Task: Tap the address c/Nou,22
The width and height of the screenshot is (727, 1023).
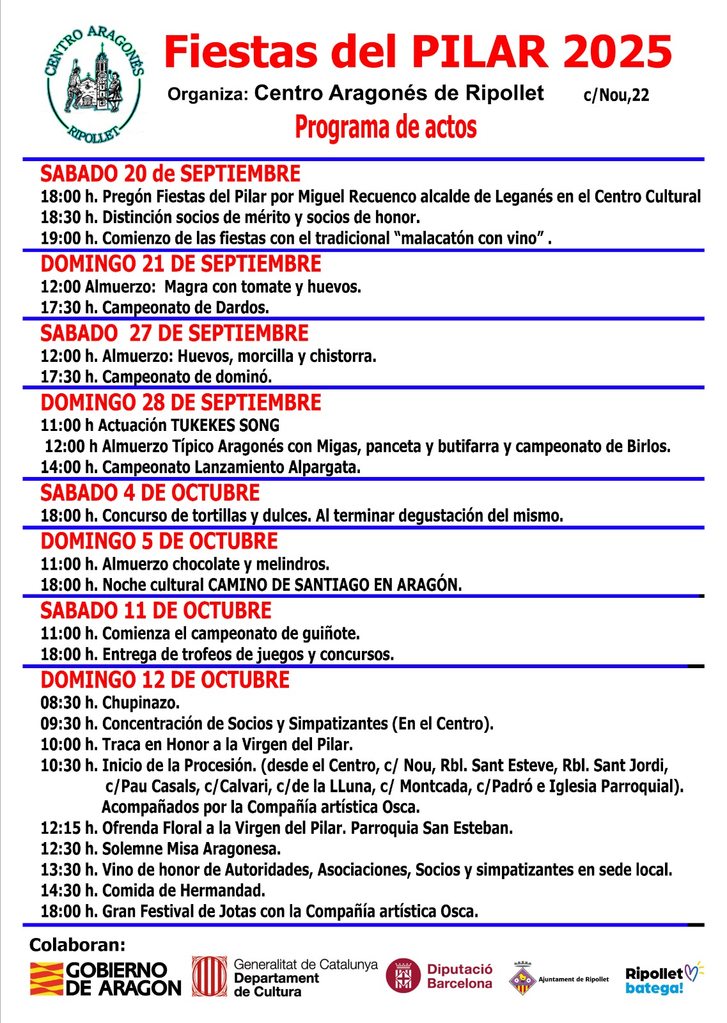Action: coord(616,95)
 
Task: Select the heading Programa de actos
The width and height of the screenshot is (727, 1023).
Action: coord(386,127)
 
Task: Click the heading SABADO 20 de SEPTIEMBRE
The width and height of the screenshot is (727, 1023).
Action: coord(170,174)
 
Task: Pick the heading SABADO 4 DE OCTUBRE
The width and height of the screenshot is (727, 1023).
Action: coord(150,493)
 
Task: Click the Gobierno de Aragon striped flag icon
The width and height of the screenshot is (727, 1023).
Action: coord(46,979)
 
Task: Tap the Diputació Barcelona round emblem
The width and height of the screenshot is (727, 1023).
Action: coord(403,976)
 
